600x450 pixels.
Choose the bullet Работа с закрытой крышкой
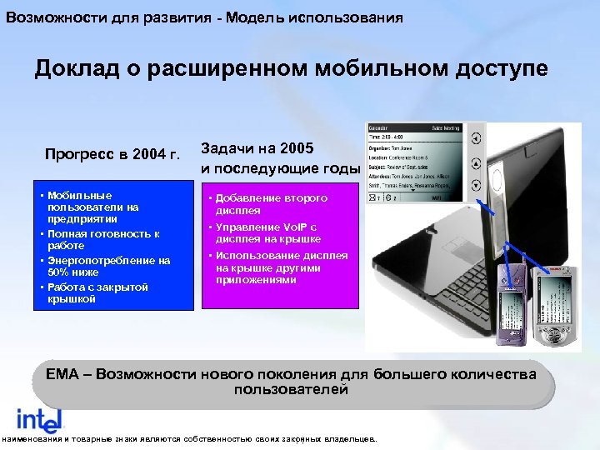[97, 292]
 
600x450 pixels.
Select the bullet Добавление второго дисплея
[271, 204]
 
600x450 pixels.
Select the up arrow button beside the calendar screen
[475, 162]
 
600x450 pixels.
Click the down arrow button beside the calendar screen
[475, 185]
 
